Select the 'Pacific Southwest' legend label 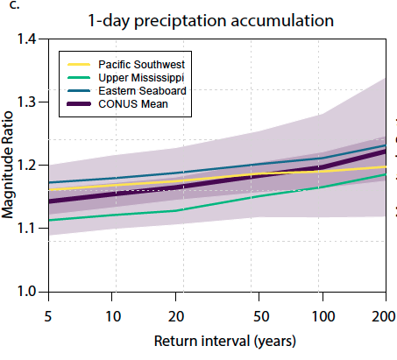(x=143, y=65)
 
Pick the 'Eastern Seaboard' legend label (x=141, y=92)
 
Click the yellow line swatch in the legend (x=77, y=65)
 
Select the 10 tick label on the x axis (x=113, y=313)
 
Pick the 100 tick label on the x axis (x=323, y=313)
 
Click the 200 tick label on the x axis (x=384, y=313)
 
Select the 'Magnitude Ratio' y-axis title (x=11, y=166)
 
